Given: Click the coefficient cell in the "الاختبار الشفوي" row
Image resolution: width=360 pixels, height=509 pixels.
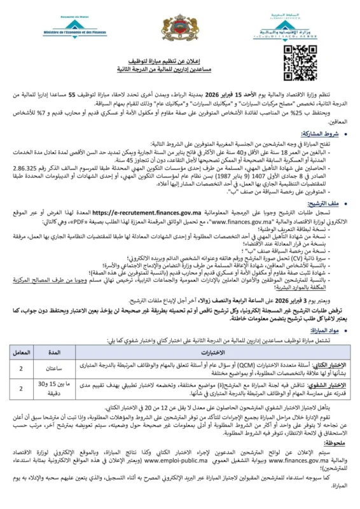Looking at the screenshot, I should point(26,389).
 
